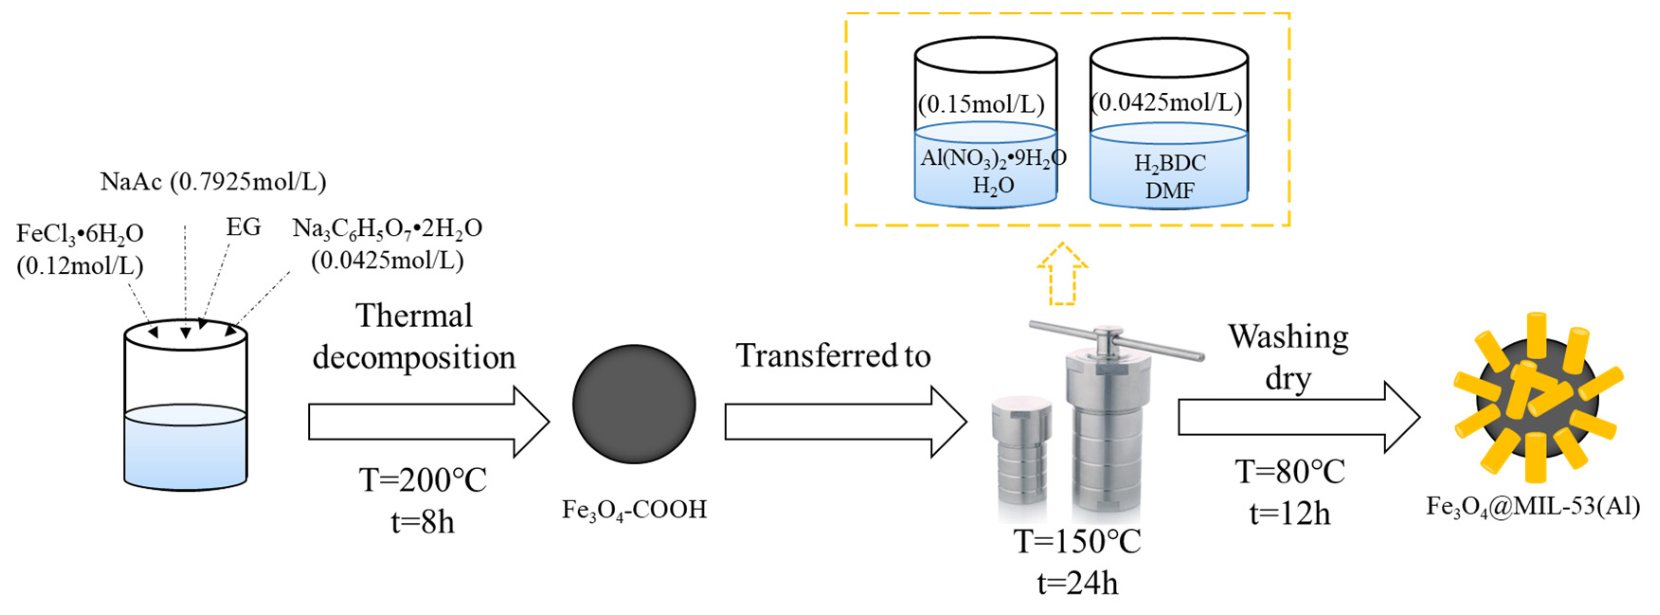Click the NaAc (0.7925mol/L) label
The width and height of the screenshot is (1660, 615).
tap(213, 182)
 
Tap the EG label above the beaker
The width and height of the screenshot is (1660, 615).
tap(243, 227)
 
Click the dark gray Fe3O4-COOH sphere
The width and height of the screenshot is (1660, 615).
tap(634, 404)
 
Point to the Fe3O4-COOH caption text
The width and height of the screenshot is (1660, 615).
tap(634, 510)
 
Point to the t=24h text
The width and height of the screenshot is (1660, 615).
tap(1077, 583)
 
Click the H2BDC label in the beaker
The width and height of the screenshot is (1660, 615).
tap(1170, 163)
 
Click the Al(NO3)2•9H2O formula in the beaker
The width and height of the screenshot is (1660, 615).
tap(992, 158)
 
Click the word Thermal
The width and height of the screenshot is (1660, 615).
tap(414, 316)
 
